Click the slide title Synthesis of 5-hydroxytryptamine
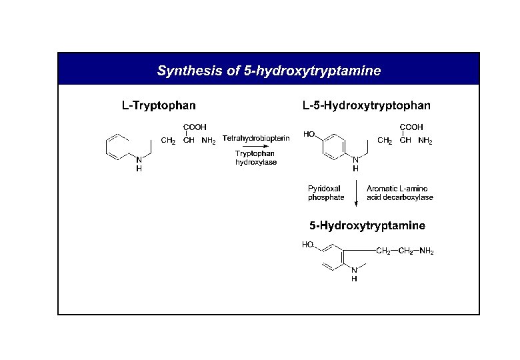coord(269,70)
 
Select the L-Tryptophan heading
coord(158,105)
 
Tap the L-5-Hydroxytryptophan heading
coord(366,105)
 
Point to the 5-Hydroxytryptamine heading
coord(367,226)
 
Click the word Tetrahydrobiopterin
coord(256,138)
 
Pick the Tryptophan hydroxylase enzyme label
coord(255,157)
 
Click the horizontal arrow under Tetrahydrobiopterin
coord(255,146)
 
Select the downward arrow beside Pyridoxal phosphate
coord(355,194)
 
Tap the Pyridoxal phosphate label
coord(326,193)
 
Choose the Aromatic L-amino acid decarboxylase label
coord(399,193)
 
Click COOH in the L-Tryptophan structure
coord(195,127)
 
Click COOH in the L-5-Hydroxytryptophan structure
coord(411,127)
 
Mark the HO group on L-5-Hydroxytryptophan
coord(309,134)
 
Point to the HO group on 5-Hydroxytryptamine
coord(308,245)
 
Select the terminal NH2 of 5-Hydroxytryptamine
coord(427,251)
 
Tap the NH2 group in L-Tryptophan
coord(209,141)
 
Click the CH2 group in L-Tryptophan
coord(169,141)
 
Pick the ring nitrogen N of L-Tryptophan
coord(139,160)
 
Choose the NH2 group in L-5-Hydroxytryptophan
coord(425,141)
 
